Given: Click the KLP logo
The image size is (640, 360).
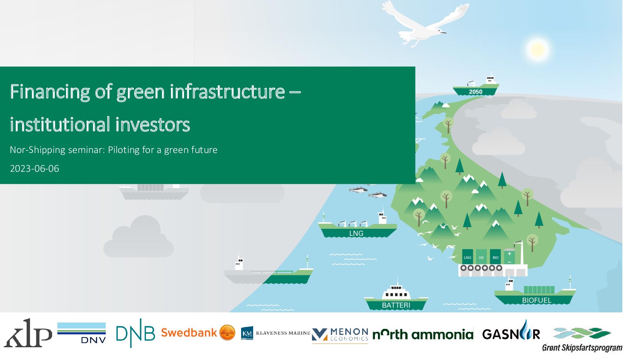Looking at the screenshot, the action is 28,333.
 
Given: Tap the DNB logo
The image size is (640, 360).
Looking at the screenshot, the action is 135,333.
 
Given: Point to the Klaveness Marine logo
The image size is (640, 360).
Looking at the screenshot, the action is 276,333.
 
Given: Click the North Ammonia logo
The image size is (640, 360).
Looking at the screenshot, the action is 423,334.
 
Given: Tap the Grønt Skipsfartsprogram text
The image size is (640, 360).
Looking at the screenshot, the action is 582,348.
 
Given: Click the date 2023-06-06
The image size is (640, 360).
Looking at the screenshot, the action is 34,169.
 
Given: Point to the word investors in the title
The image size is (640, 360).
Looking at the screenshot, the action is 153,124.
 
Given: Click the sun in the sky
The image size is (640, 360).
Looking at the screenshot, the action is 537,49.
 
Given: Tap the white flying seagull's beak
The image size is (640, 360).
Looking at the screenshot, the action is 443,33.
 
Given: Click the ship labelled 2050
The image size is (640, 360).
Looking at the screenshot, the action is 476,86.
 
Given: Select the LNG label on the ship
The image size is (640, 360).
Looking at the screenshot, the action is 356,233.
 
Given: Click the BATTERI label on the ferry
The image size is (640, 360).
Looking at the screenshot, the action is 396,305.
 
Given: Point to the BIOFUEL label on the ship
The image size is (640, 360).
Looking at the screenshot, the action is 537,300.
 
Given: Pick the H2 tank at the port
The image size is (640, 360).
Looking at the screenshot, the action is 481,256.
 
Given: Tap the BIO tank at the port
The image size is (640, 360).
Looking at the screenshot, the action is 495,256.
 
